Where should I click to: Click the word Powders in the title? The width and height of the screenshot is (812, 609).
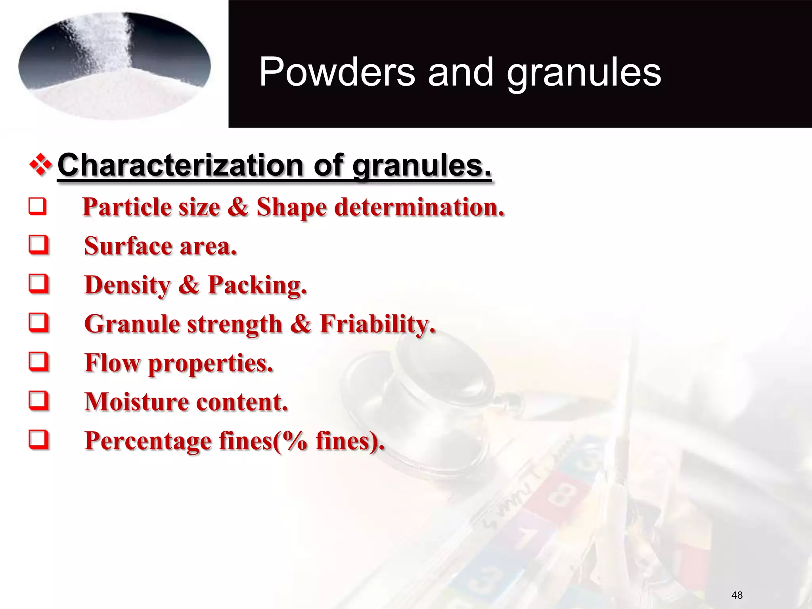[337, 72]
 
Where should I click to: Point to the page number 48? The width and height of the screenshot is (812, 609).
[737, 595]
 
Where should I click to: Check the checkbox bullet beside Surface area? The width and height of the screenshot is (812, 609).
[39, 245]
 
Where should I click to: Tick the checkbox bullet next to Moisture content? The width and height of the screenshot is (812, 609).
[39, 401]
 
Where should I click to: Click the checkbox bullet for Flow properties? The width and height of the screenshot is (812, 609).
[39, 362]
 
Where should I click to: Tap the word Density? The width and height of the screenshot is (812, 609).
[127, 285]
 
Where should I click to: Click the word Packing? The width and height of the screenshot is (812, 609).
[257, 285]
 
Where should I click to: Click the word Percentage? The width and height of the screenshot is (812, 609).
[147, 441]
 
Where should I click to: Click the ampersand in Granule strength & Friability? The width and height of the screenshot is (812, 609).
[301, 324]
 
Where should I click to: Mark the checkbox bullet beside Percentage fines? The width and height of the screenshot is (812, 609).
[39, 440]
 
